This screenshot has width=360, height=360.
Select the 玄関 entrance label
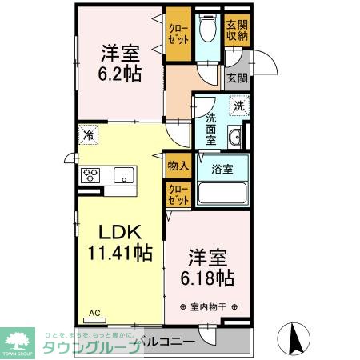(235, 78)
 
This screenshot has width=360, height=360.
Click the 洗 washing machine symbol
(238, 105)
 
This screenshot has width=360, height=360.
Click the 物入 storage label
(178, 166)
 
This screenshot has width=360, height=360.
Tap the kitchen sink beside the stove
(124, 174)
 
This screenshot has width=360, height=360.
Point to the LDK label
(120, 232)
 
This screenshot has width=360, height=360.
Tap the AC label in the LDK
(94, 313)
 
